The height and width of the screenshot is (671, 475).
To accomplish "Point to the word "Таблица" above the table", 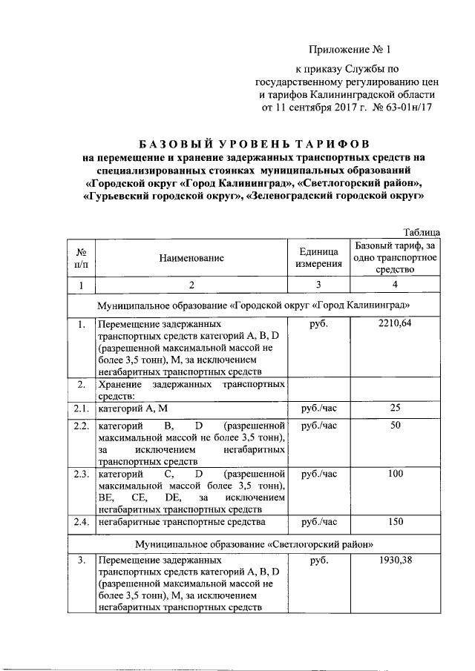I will coord(422,232).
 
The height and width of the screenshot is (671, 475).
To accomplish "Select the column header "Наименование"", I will coord(191,258).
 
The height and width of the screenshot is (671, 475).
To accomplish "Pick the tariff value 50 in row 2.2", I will coord(395,426).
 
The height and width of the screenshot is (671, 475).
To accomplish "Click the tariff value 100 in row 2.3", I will coord(395,474).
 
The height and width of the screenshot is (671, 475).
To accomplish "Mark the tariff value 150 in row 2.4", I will coord(395,522).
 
